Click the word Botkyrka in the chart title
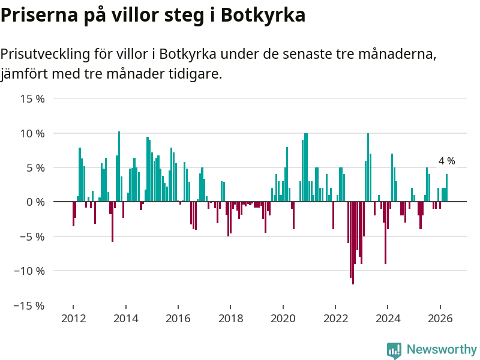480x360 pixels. pos(263,14)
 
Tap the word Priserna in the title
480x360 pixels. pos(39,14)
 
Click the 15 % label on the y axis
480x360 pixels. pos(32,99)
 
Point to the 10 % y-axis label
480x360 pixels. pos(32,133)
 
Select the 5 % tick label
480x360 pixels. pos(35,168)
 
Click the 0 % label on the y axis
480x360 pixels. pos(35,202)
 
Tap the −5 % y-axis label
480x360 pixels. pos(32,236)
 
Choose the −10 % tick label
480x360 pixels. pos(29,271)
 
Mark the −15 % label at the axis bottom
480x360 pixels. pos(29,305)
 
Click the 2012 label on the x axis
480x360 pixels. pos(73,319)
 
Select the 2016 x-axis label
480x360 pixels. pos(178,319)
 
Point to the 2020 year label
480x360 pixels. pos(283,319)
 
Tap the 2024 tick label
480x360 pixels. pos(388,319)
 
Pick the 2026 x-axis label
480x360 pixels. pos(440,319)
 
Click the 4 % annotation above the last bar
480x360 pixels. pos(446,161)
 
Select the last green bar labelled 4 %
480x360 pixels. pos(446,188)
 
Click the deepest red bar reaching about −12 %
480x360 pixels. pos(353,243)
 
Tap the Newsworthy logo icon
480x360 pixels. pos(394,350)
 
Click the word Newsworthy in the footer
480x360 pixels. pos(442,349)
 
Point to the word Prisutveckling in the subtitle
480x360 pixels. pos(46,54)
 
